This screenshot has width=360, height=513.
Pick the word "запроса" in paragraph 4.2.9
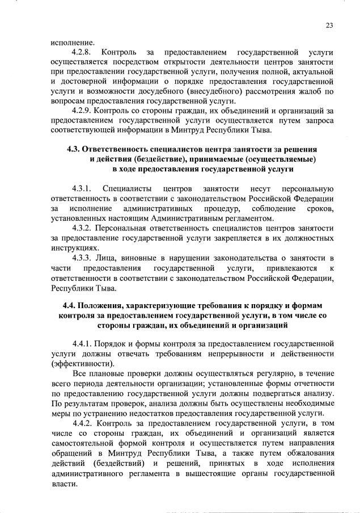(317, 122)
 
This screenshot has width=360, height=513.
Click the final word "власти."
(63, 485)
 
